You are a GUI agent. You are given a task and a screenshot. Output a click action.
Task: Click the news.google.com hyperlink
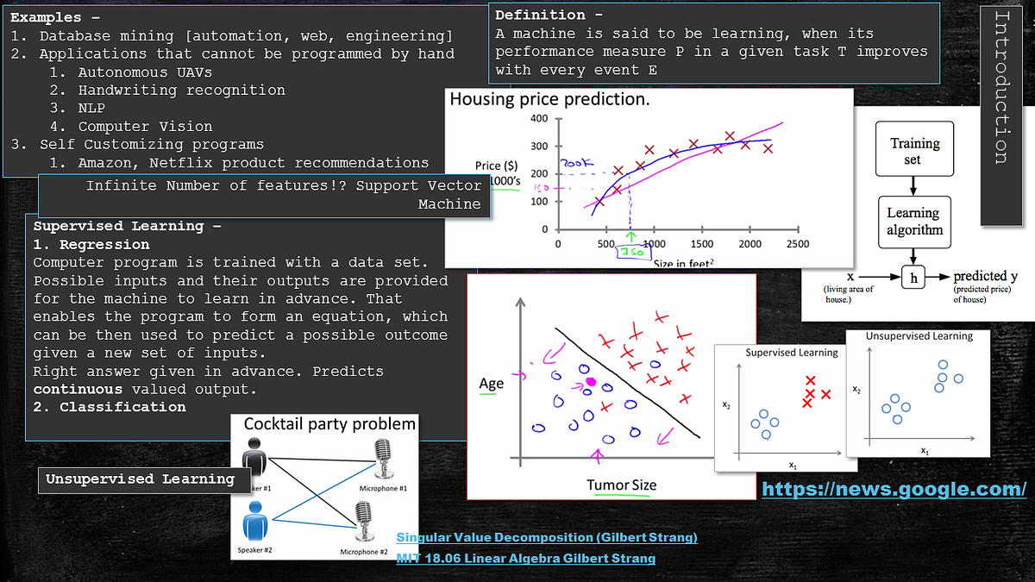[894, 489]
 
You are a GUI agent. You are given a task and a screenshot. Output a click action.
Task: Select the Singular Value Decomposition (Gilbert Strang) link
[547, 537]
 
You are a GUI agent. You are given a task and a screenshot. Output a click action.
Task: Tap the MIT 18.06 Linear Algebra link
[525, 559]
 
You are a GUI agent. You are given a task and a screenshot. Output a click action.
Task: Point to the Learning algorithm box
[914, 221]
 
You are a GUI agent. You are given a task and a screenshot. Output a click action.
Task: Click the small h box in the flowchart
[913, 277]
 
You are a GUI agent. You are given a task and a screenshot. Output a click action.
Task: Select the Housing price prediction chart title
[549, 100]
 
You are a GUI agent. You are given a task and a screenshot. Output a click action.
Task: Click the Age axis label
[491, 383]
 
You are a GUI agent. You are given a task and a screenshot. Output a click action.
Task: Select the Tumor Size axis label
[621, 485]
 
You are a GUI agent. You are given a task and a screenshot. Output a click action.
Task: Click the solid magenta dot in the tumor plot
[591, 381]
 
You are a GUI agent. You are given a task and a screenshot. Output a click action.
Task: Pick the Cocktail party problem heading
[329, 423]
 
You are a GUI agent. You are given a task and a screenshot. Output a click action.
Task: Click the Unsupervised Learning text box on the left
[141, 479]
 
